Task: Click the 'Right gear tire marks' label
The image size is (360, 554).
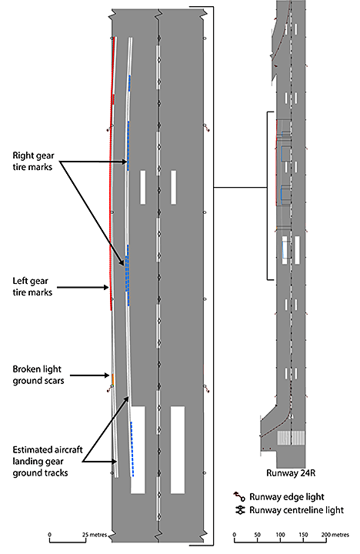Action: coord(33,161)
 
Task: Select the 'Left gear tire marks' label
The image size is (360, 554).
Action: coord(32,286)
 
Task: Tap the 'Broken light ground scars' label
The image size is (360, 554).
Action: coord(38,375)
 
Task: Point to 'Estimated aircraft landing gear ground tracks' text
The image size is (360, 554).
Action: coord(48,461)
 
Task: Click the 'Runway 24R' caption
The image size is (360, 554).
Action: coord(291,473)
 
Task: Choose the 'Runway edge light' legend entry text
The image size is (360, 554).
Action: coord(286,497)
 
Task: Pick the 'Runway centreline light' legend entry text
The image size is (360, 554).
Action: coord(296,510)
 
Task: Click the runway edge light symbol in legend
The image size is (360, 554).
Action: coord(238,496)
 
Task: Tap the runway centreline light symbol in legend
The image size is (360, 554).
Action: coord(240,510)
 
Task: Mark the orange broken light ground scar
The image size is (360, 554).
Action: coord(113,379)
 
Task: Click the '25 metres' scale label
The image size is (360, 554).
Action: coord(95,535)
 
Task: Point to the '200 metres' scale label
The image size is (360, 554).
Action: coord(335,535)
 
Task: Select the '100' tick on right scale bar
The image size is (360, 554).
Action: coord(280,535)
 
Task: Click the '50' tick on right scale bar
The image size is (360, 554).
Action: coord(257,535)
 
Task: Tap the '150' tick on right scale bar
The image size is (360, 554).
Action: coord(303,535)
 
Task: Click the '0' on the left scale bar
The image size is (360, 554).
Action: coord(49,535)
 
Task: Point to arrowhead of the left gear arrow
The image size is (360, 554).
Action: coord(107,288)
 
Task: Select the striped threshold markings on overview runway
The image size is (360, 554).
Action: coord(291,438)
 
